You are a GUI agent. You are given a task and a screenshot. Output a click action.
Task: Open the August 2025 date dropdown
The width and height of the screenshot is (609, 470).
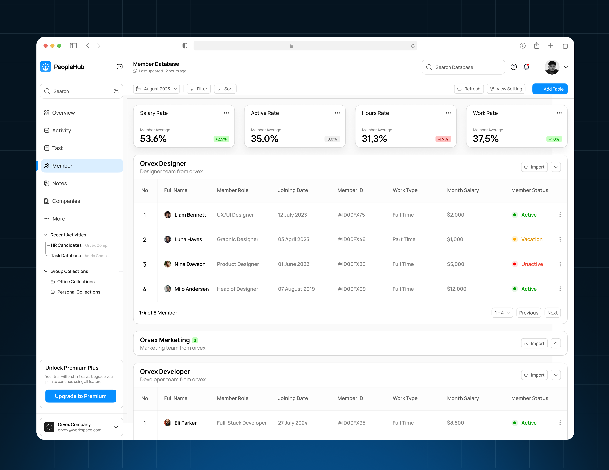(156, 89)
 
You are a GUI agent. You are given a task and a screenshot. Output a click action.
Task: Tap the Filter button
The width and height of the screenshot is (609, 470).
(199, 89)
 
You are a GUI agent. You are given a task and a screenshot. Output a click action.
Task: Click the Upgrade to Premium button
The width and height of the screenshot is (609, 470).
(81, 396)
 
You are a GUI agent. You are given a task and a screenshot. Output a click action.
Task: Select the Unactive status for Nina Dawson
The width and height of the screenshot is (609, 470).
(532, 264)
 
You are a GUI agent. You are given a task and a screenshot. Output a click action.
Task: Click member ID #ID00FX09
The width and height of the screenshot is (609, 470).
(351, 289)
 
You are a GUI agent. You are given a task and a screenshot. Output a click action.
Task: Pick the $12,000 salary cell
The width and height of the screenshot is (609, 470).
(456, 289)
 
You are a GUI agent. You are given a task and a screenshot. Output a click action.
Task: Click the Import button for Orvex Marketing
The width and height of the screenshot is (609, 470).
(534, 343)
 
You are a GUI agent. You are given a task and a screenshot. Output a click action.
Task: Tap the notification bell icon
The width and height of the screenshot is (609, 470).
(526, 67)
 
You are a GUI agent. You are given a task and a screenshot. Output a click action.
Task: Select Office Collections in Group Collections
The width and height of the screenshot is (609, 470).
(76, 282)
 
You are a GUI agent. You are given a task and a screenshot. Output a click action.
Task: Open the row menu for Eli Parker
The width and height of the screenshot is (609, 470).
(560, 423)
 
